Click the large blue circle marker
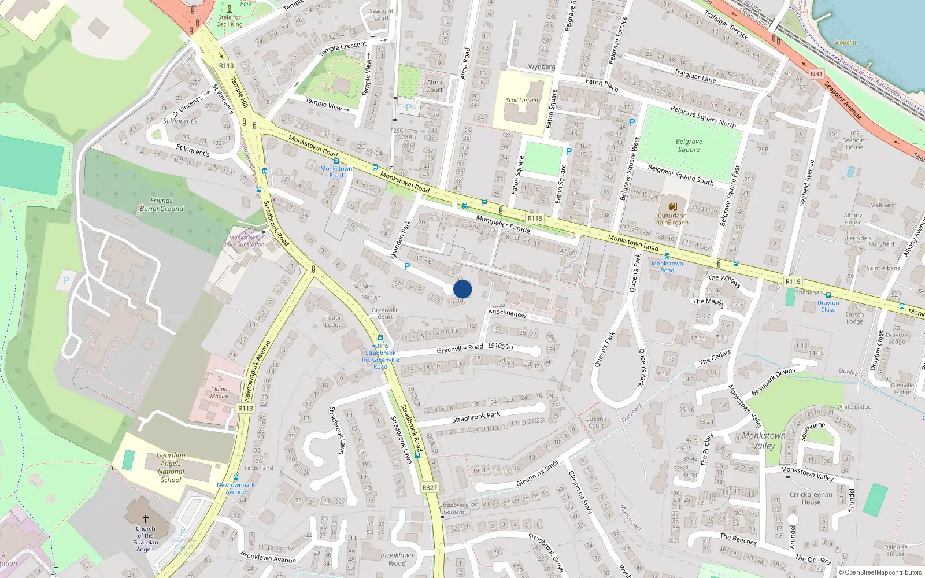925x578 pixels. pos(462,289)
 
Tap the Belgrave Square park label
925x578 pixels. pos(689,146)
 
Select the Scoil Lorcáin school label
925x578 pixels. pos(521,100)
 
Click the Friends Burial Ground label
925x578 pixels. pos(161,205)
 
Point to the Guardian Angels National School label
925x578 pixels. pos(171,468)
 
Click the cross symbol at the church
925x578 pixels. pos(146,519)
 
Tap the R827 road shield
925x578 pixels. pos(430,487)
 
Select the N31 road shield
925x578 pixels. pos(816,74)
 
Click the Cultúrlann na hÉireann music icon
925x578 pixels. pos(672,206)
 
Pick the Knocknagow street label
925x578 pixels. pos(507,313)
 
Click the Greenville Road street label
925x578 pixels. pos(460,349)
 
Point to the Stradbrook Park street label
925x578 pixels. pos(476,417)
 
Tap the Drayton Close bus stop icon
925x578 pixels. pos(828,295)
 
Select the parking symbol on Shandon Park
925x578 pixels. pos(407,266)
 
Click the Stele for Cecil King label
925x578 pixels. pos(230,21)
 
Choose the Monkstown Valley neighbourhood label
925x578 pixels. pos(764,440)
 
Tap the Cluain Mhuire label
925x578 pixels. pos(219,392)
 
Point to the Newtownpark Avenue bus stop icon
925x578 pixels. pos(236,477)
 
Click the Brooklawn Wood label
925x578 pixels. pos(397,559)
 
